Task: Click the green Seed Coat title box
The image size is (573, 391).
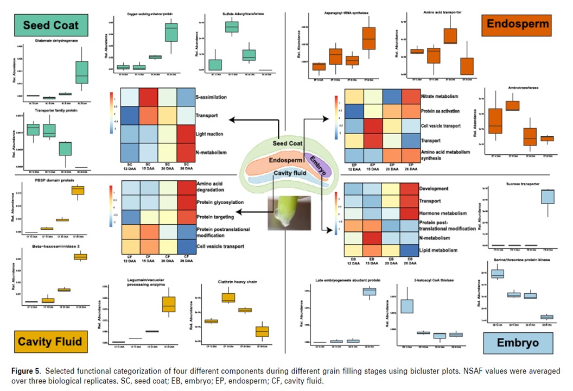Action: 51,24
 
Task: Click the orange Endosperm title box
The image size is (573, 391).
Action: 518,23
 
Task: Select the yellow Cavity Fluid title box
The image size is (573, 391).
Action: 49,341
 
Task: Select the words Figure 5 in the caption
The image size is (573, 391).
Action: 26,370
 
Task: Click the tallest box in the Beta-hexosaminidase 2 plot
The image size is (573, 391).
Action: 80,256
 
